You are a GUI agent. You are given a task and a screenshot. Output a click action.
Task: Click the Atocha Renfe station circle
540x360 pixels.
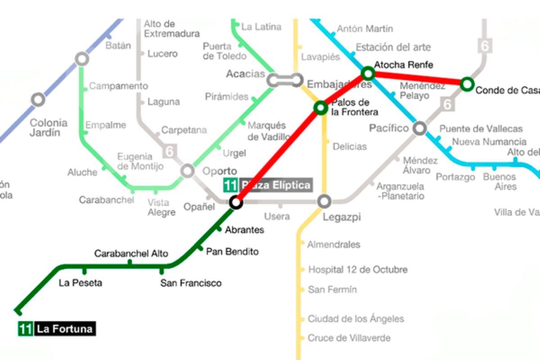368,73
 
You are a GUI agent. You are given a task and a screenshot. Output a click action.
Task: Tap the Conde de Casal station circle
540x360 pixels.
467,83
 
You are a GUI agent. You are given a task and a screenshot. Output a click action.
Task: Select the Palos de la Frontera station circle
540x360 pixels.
321,108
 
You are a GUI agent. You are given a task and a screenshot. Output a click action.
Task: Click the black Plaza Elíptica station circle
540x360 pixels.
236,202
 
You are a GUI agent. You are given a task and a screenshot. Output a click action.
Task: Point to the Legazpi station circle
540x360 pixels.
324,202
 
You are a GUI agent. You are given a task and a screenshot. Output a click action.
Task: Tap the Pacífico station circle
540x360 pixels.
419,128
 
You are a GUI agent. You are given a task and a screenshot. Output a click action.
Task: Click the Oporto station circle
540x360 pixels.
188,171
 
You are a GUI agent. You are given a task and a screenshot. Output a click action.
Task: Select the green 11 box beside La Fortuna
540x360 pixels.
25,329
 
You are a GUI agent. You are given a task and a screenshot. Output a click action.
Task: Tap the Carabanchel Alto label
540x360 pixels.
131,254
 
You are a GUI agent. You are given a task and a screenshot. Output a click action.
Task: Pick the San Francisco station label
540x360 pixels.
191,283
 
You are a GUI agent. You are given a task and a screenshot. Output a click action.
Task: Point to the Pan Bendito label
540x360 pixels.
232,252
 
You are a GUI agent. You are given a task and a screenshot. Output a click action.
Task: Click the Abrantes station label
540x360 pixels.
244,230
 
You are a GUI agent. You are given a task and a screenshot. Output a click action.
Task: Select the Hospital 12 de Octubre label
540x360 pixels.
358,270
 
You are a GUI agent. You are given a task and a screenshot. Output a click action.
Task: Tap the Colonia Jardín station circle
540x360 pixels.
38,99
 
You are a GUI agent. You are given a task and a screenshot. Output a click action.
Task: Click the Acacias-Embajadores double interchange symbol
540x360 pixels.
284,80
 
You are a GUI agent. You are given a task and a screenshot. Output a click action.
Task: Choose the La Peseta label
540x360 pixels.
81,283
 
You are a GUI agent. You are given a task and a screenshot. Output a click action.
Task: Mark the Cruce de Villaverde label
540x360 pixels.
349,338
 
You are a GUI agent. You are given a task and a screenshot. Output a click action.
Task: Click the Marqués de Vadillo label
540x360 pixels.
266,131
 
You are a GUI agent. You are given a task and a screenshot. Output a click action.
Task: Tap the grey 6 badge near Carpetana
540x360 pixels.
169,151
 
